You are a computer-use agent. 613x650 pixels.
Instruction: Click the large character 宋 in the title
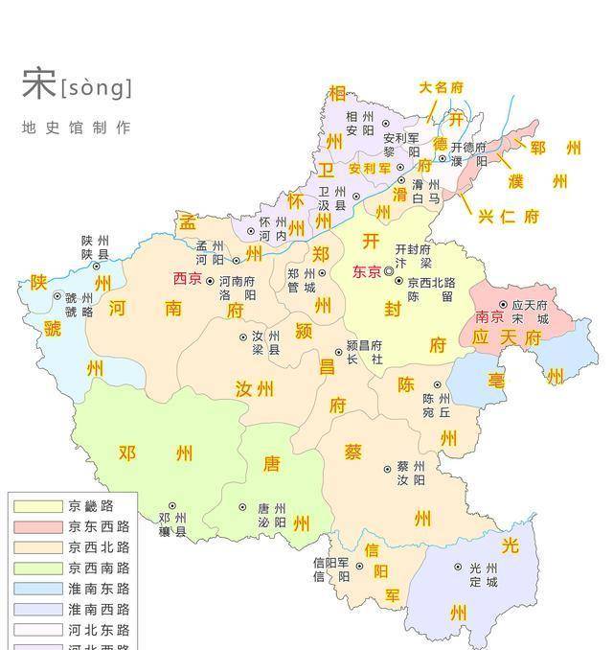38,84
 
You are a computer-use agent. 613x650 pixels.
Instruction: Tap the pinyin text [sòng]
96,88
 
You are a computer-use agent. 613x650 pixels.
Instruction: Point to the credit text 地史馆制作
76,128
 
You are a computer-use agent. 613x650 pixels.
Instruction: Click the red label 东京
367,272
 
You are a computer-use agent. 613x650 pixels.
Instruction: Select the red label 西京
188,279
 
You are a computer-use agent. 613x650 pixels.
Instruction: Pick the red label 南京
489,317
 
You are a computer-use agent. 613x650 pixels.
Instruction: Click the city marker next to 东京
389,272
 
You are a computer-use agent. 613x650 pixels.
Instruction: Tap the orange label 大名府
441,87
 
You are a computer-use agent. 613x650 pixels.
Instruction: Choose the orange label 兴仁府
508,217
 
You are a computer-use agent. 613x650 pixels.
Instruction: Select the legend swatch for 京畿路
36,505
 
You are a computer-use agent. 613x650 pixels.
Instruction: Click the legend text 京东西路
99,526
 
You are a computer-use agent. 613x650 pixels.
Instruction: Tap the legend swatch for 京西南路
36,568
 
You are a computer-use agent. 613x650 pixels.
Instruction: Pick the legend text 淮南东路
99,589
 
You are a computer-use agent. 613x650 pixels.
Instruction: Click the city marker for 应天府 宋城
503,305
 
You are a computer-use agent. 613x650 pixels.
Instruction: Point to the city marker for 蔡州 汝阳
388,469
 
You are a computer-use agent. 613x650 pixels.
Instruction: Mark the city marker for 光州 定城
459,568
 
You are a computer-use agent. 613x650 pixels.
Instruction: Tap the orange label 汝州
255,388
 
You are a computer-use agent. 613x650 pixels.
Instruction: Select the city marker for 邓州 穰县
172,505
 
